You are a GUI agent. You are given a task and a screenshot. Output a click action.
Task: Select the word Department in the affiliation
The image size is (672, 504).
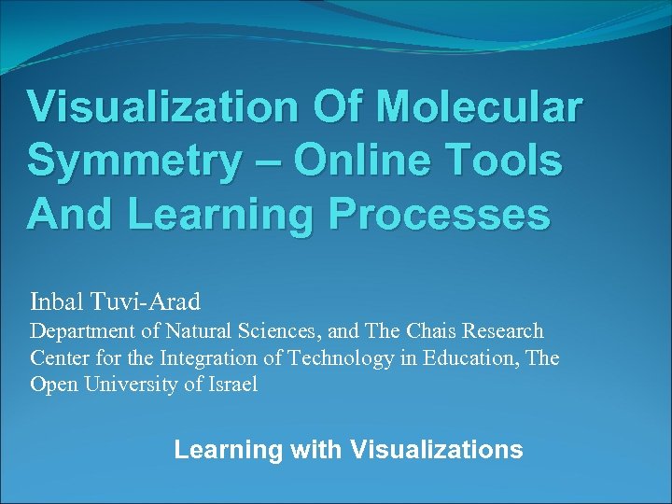(80, 332)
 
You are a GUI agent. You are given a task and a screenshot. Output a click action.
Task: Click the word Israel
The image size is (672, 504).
(229, 385)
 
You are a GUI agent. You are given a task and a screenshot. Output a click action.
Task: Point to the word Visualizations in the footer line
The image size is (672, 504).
(436, 450)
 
